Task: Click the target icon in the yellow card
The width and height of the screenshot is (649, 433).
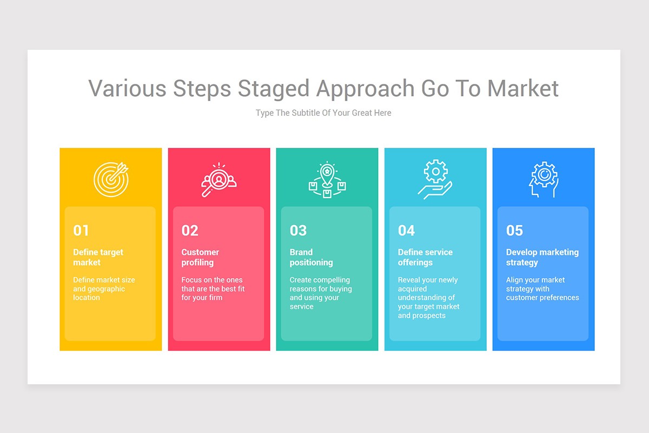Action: [x=111, y=179]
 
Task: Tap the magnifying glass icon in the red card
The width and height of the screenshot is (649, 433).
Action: [x=218, y=180]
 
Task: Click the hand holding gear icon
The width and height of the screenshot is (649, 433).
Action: [x=435, y=180]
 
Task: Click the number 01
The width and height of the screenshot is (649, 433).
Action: [x=81, y=231]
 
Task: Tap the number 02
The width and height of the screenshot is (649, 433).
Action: [x=190, y=231]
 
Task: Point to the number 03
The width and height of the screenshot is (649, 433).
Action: [x=298, y=231]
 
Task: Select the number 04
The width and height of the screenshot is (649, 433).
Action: [x=406, y=231]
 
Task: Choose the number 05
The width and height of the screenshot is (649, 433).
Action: [x=514, y=231]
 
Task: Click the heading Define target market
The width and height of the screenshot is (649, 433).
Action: [x=98, y=257]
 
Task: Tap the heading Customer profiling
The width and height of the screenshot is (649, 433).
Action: [x=200, y=257]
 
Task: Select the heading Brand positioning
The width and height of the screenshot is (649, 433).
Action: [x=311, y=257]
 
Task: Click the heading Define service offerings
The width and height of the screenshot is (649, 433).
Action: [x=425, y=257]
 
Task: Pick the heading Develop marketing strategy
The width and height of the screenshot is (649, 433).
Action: [x=542, y=257]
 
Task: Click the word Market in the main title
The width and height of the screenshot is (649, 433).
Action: [x=522, y=88]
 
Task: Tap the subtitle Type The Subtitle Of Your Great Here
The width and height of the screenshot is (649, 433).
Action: [x=323, y=113]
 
